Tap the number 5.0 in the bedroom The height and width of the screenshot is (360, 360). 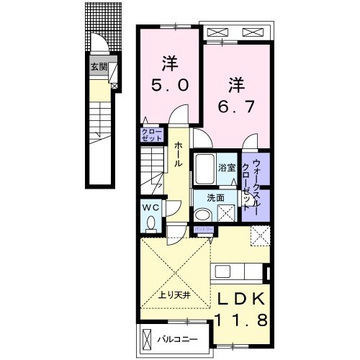pyautogui.click(x=171, y=84)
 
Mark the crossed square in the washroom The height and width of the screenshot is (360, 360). pyautogui.click(x=227, y=213)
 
